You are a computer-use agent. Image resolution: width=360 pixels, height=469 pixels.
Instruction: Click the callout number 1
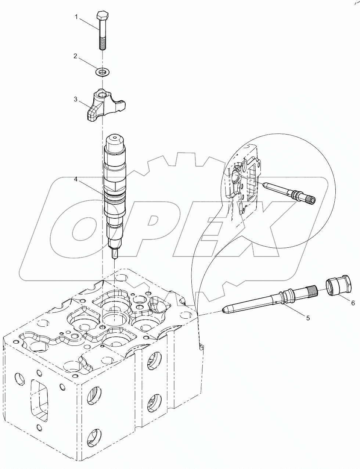click(76, 17)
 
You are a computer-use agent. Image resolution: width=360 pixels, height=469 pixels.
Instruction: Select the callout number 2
click(75, 56)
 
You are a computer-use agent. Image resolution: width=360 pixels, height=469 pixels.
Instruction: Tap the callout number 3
click(75, 99)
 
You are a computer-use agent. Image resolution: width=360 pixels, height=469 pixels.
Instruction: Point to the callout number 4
click(76, 179)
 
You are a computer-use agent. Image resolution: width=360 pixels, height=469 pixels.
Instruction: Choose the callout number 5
click(307, 318)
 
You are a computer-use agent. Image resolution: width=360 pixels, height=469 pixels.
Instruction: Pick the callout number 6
click(353, 303)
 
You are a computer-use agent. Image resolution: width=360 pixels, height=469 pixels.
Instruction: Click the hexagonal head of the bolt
click(101, 16)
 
